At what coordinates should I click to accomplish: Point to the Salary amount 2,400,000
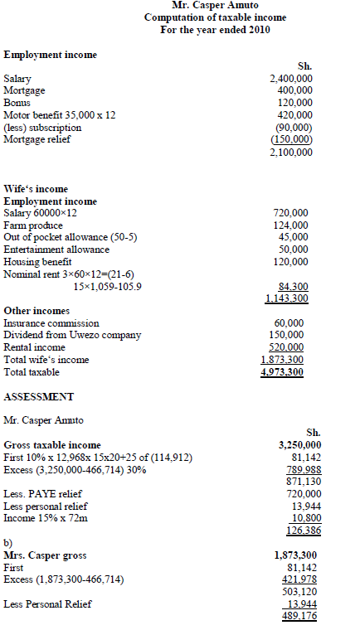click(291, 78)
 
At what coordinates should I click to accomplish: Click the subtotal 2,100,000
click(291, 153)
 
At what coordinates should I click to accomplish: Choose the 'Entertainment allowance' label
click(56, 250)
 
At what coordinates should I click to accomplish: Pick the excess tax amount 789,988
click(303, 469)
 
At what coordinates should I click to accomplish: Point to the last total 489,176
click(303, 617)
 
